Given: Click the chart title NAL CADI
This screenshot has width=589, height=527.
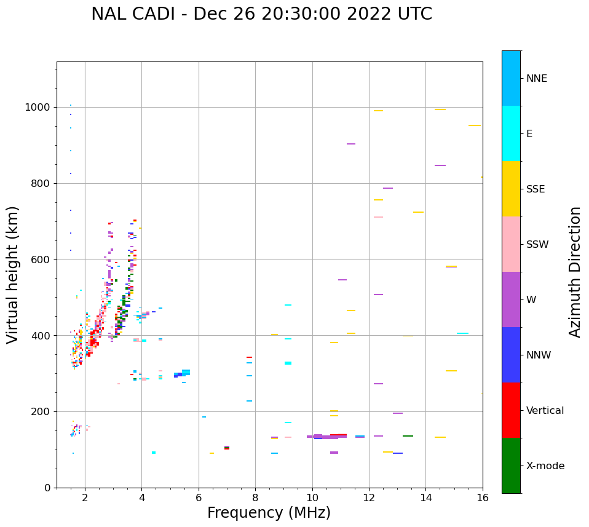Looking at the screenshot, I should click(x=261, y=14).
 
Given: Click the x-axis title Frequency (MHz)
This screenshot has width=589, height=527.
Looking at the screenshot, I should click(x=269, y=513).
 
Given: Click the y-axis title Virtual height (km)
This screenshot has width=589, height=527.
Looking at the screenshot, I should click(x=13, y=274).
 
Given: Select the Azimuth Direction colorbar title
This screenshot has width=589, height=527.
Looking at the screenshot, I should click(x=575, y=272).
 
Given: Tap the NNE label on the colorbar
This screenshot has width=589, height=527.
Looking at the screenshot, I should click(x=536, y=79).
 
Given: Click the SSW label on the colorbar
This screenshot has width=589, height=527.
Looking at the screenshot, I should click(x=537, y=245).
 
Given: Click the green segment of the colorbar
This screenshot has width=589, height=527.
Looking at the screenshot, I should click(x=511, y=466).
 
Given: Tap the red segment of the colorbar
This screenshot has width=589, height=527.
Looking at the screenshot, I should click(x=511, y=410).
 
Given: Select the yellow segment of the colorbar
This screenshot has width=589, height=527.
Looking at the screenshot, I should click(x=511, y=189).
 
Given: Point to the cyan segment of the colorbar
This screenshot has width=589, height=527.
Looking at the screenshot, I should click(x=511, y=133).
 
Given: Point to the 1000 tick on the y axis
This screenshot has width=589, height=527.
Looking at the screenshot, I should click(x=39, y=107).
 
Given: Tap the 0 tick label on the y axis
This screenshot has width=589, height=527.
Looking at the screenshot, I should click(x=48, y=488).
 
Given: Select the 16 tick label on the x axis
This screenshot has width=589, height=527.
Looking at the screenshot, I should click(x=483, y=497).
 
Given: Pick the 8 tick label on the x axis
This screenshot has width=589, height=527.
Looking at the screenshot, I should click(x=255, y=497).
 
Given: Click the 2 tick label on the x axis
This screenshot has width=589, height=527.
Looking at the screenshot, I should click(x=85, y=497).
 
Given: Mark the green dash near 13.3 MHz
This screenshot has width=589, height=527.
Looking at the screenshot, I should click(x=408, y=436).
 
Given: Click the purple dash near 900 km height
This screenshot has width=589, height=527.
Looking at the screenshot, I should click(x=351, y=144).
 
